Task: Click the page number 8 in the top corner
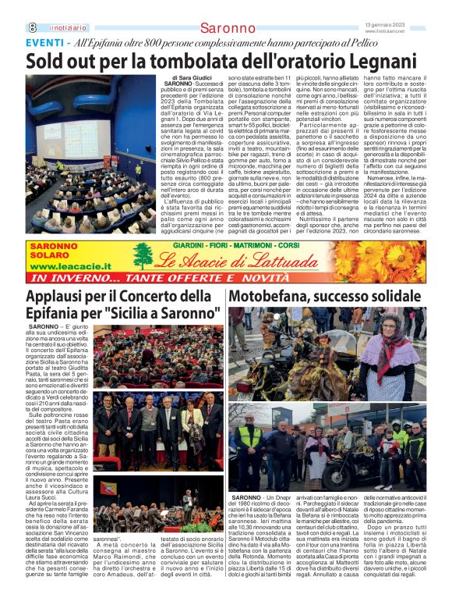coord(32,27)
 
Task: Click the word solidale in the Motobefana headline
coord(389,297)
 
